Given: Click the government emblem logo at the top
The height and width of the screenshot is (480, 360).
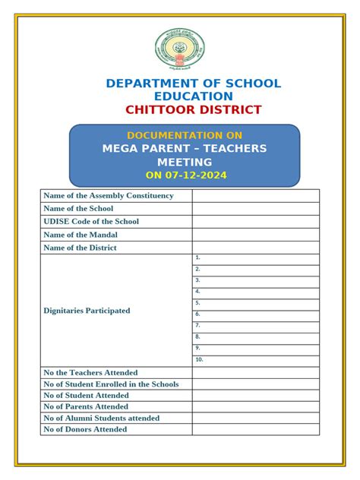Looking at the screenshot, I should (180, 49).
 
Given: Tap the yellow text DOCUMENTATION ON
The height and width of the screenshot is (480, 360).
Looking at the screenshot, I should (185, 134).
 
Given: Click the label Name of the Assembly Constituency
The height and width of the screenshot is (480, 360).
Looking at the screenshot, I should (109, 196).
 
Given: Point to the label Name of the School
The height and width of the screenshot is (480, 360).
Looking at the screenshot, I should (79, 209).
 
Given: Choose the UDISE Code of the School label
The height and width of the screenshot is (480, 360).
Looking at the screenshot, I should (91, 222).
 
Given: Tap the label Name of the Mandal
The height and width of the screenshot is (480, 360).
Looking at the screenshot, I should (81, 235).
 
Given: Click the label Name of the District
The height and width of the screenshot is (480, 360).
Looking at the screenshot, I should (81, 248).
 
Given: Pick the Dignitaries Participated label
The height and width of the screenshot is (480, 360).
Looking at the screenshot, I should (87, 311).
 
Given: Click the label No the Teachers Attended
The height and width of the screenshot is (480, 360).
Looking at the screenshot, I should (91, 373).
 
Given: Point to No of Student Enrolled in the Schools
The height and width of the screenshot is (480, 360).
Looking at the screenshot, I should (112, 384).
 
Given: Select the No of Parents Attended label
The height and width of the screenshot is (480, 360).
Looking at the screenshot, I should (87, 406).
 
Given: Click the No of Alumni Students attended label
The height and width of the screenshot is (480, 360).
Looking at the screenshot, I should (102, 418).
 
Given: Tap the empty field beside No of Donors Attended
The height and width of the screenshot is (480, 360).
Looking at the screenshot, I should (255, 429).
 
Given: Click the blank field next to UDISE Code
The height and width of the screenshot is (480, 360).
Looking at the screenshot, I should (255, 222).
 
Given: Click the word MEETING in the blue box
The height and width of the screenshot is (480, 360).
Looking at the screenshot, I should (185, 162).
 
